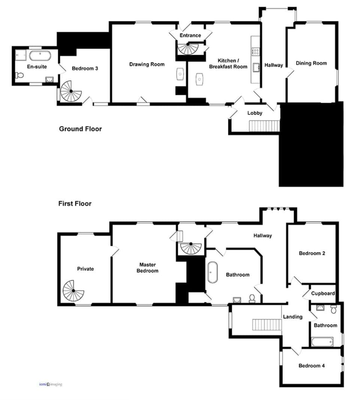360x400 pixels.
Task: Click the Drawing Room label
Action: click(147, 64)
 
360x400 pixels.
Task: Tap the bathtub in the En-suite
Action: click(40, 56)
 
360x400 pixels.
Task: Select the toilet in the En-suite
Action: click(19, 75)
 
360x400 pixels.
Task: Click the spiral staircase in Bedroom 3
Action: click(71, 91)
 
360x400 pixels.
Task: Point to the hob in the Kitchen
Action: click(255, 52)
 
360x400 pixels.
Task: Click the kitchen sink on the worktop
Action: click(256, 68)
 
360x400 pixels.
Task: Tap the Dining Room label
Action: click(311, 63)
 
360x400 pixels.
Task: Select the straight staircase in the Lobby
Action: click(264, 126)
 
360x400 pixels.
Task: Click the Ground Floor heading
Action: click(80, 129)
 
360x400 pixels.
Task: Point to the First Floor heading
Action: click(75, 204)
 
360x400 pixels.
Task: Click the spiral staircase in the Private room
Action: click(73, 290)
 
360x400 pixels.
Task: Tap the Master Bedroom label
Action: click(147, 268)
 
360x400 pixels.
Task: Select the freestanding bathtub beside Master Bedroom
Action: click(212, 272)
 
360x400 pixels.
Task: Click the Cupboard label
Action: click(323, 293)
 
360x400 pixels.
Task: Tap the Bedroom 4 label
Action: click(312, 365)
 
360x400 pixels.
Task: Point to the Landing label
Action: click(293, 317)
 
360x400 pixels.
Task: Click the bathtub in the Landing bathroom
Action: click(322, 342)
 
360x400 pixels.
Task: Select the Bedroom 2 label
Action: click(312, 253)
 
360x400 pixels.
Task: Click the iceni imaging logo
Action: click(51, 384)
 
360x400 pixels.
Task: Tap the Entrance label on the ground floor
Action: click(190, 35)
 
